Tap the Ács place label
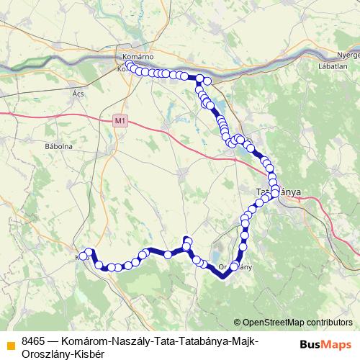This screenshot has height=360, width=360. tap(78, 94)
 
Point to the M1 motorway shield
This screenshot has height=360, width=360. tap(119, 122)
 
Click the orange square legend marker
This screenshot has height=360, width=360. tap(10, 346)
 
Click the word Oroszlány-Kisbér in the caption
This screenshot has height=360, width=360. tap(63, 354)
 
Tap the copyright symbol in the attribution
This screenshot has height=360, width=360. tap(238, 322)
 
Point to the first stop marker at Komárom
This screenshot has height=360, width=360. tap(130, 66)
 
